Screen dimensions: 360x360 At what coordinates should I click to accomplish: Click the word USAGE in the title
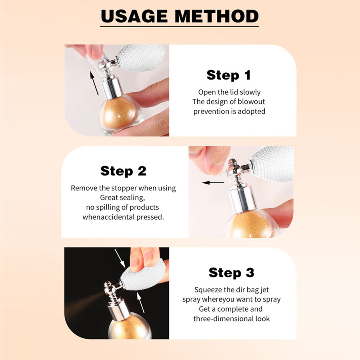coord(134,16)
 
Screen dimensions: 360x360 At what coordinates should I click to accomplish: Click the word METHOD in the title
coord(217,16)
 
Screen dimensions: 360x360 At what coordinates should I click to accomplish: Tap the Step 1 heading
coord(228,75)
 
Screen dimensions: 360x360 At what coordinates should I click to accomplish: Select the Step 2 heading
coord(123,171)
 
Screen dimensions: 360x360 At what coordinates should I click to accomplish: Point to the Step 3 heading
coord(232,272)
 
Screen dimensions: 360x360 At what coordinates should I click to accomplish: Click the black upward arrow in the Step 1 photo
coord(94,83)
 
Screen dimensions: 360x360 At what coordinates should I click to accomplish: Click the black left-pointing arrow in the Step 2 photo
coord(213,183)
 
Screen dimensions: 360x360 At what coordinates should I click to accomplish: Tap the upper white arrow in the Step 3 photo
coord(120,258)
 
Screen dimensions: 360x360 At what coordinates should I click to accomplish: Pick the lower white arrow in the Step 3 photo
coord(140,302)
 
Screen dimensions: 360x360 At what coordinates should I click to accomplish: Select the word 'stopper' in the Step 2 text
coord(124,188)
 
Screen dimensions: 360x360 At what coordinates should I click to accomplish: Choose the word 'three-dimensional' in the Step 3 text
coord(224,319)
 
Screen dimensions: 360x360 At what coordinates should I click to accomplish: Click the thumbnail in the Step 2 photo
coord(216,168)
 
